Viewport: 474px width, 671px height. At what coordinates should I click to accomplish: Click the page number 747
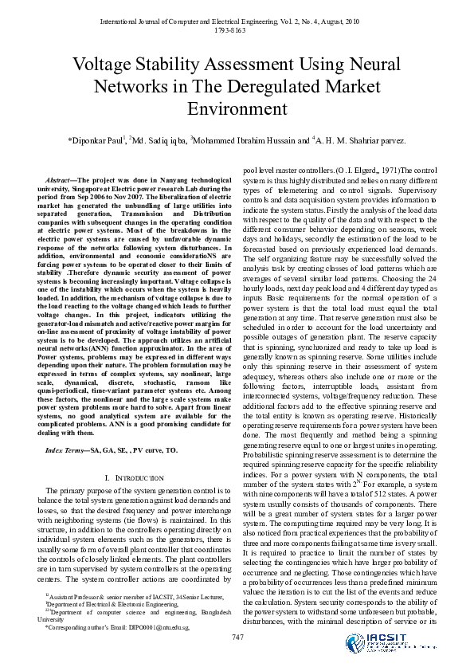point(237,635)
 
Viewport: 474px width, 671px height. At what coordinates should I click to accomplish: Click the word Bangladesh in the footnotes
point(210,610)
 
